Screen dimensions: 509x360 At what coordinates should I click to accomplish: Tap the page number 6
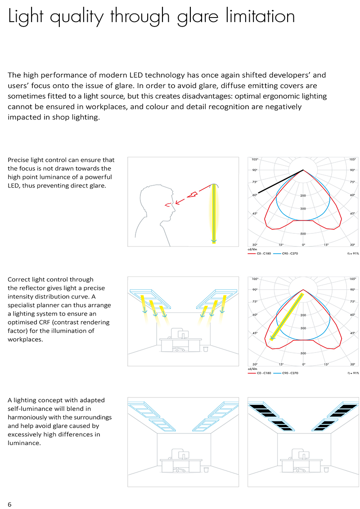(9, 504)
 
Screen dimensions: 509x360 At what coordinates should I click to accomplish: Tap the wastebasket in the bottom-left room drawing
(206, 470)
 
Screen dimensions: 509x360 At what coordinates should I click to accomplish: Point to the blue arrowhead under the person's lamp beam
(214, 241)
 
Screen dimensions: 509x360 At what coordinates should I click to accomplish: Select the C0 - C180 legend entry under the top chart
(263, 254)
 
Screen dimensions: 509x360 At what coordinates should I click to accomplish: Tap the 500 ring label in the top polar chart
(303, 234)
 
